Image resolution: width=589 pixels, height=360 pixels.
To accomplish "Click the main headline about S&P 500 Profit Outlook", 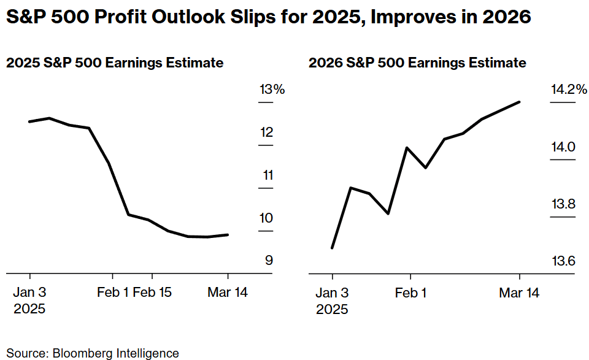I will pyautogui.click(x=268, y=17).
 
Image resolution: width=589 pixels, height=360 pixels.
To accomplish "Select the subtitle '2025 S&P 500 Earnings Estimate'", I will pyautogui.click(x=114, y=63).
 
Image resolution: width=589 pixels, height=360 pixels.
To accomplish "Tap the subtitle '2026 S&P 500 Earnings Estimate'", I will pyautogui.click(x=417, y=63).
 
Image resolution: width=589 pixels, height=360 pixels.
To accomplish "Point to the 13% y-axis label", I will pyautogui.click(x=272, y=90).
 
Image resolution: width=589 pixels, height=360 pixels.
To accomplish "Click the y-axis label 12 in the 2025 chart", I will pyautogui.click(x=266, y=132).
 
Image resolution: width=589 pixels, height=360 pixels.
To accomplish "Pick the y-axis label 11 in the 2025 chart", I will pyautogui.click(x=267, y=175).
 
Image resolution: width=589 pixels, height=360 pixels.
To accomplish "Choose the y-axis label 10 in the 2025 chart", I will pyautogui.click(x=266, y=218).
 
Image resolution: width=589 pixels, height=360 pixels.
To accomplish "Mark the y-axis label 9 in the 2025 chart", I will pyautogui.click(x=268, y=261).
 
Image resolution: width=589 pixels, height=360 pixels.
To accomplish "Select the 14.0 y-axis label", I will pyautogui.click(x=563, y=147).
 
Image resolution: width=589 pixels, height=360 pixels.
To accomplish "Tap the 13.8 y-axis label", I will pyautogui.click(x=563, y=204).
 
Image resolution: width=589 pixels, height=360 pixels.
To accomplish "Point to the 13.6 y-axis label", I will pyautogui.click(x=563, y=262).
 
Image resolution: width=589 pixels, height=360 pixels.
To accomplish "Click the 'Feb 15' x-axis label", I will pyautogui.click(x=152, y=293).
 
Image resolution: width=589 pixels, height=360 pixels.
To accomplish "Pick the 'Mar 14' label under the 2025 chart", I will pyautogui.click(x=228, y=293).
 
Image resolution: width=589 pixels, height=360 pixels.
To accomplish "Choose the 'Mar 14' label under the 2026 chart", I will pyautogui.click(x=519, y=293).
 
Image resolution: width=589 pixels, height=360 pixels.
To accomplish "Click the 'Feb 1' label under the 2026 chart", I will pyautogui.click(x=410, y=293).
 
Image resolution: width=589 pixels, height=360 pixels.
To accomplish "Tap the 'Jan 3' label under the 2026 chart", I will pyautogui.click(x=332, y=293).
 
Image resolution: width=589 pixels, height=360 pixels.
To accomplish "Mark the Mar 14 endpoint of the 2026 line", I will pyautogui.click(x=520, y=102).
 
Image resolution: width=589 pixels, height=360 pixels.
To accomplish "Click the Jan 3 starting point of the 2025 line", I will pyautogui.click(x=30, y=121).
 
